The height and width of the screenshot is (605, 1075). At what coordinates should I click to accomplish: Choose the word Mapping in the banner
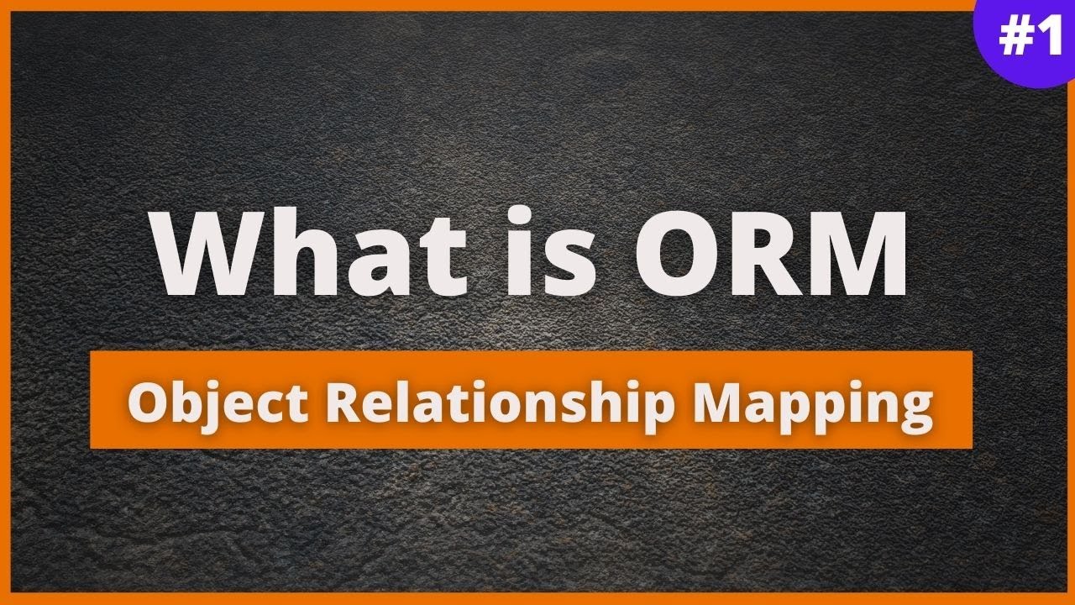click(813, 404)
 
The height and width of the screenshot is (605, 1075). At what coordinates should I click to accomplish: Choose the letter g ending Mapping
click(915, 409)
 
